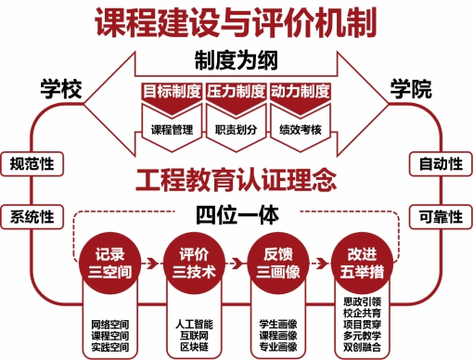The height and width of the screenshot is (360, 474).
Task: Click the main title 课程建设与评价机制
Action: point(236,23)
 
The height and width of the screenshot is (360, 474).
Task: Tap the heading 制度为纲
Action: point(237,60)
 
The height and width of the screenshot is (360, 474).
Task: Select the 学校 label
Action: point(61,89)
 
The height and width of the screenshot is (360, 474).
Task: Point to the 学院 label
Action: point(411,89)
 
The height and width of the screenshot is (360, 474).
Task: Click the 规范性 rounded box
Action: point(32,164)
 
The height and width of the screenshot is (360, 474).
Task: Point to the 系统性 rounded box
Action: point(32,217)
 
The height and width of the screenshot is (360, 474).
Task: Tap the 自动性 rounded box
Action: point(441,164)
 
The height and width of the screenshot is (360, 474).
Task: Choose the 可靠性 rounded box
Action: point(441,217)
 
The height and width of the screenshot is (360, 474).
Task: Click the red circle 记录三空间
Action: point(110,264)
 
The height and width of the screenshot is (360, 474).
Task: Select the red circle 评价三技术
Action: point(194,264)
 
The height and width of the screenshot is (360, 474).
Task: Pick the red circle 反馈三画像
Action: point(278,264)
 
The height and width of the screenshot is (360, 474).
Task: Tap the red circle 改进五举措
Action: point(362,264)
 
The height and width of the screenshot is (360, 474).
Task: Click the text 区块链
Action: point(194,347)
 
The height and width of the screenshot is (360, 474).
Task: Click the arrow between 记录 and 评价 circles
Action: point(151,264)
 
